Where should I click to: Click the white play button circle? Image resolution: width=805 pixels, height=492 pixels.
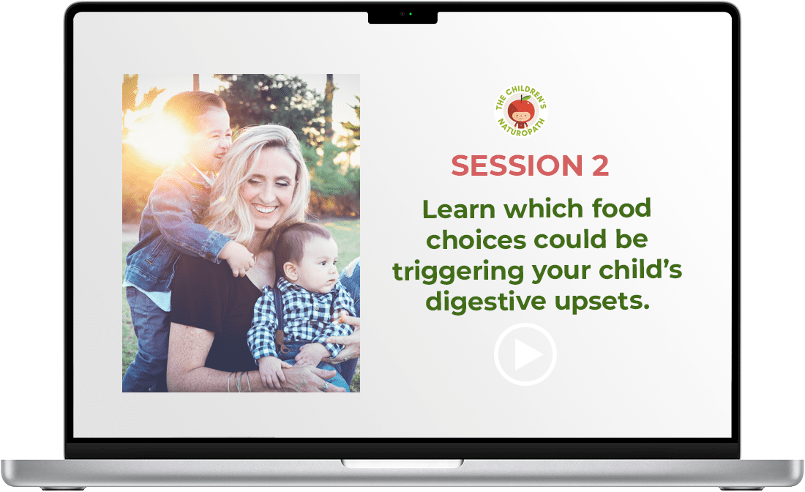point(525,324)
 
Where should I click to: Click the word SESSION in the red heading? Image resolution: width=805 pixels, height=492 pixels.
point(517,165)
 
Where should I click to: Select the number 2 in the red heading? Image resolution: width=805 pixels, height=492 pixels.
point(600,165)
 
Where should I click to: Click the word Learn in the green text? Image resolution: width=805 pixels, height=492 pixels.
point(459,209)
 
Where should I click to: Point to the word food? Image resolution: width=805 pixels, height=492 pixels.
point(621,208)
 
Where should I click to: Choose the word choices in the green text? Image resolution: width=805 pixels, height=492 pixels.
point(476,240)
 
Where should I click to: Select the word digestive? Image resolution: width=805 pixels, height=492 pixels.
point(486,302)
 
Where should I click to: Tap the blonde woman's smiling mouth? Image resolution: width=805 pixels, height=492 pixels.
point(265,208)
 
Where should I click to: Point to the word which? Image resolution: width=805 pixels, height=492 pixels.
point(544,209)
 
